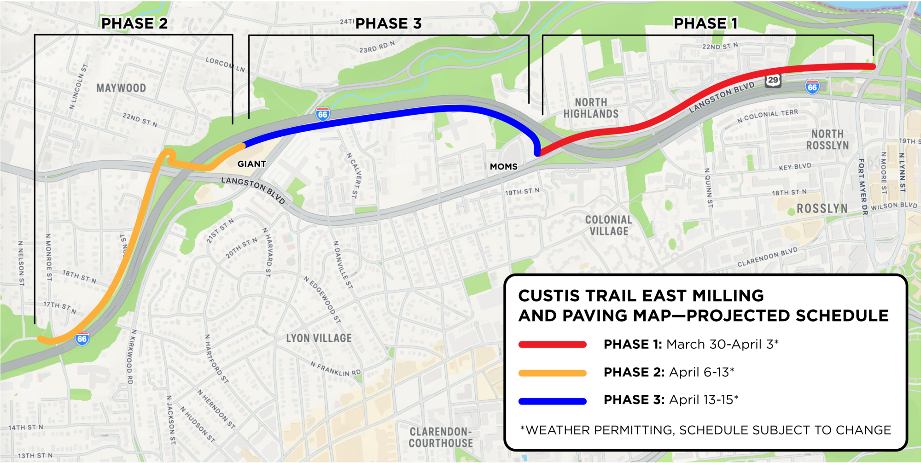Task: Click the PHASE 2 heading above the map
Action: click(x=134, y=23)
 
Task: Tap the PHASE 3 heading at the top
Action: click(x=388, y=23)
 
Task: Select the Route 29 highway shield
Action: click(x=773, y=80)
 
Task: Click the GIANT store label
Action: click(x=251, y=164)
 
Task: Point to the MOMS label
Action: click(x=503, y=167)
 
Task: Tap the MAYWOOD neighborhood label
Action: click(x=121, y=88)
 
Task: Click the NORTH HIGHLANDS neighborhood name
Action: click(x=591, y=108)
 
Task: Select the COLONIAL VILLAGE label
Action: click(x=609, y=226)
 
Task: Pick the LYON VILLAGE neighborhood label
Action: click(x=319, y=339)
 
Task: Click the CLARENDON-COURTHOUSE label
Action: click(x=441, y=438)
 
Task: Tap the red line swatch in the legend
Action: click(x=552, y=345)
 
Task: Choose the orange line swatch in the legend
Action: click(x=552, y=373)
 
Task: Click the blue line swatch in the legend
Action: click(x=552, y=401)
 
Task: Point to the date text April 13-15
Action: click(x=703, y=400)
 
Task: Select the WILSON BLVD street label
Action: click(x=894, y=206)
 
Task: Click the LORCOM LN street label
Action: click(x=225, y=65)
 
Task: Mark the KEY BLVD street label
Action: click(x=795, y=167)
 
